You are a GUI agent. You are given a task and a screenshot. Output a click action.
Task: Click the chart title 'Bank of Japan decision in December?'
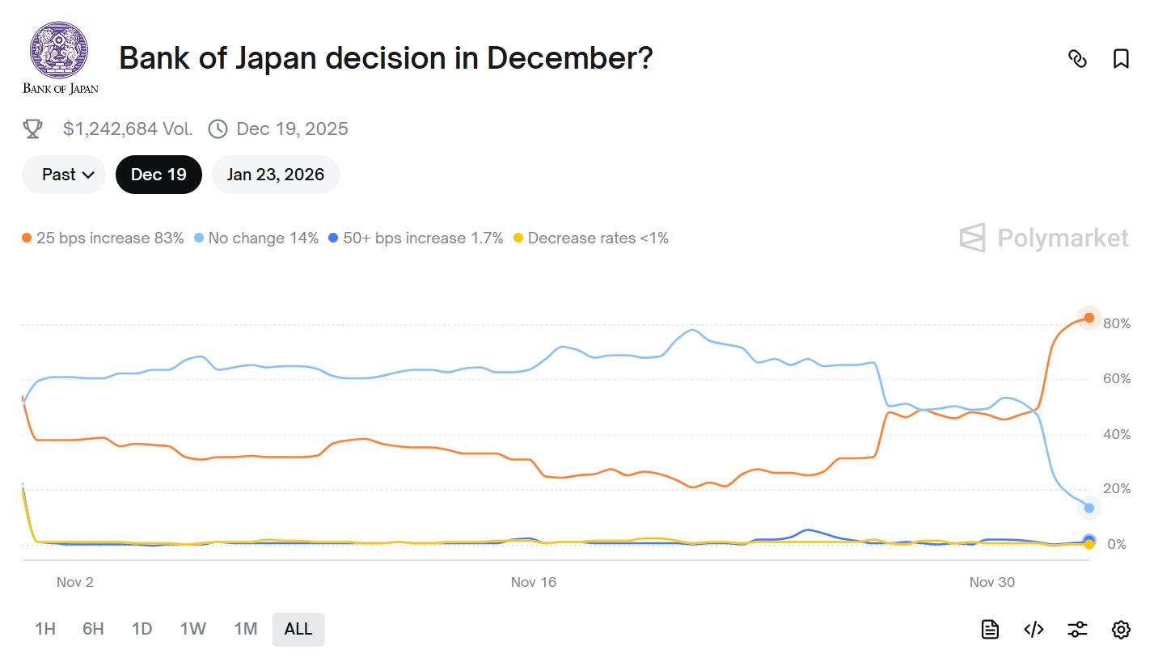tap(386, 58)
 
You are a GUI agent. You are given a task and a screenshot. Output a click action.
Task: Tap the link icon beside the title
tap(1077, 59)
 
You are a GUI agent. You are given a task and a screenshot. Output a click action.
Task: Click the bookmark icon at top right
tap(1121, 59)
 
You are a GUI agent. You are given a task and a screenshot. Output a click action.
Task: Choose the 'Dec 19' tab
tap(158, 175)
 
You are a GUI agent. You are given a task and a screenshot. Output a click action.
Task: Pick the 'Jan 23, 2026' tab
tap(276, 175)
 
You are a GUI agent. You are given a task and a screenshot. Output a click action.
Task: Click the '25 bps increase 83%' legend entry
tap(103, 238)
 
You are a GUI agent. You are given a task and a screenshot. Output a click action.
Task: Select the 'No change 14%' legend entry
tap(256, 238)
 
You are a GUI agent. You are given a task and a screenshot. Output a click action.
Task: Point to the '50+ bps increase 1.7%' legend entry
tap(416, 238)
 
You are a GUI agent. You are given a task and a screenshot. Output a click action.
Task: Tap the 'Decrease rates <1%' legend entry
tap(591, 238)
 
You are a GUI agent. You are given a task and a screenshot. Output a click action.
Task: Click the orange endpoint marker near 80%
tap(1089, 318)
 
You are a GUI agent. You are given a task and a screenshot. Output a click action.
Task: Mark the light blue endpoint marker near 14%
tap(1089, 508)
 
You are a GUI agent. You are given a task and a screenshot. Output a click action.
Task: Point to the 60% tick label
tap(1116, 379)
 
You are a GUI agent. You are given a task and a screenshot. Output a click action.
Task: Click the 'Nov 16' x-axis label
tap(534, 582)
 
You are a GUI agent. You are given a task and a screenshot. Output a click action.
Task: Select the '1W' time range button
tap(193, 629)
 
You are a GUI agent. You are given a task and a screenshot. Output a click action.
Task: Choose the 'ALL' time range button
tap(298, 629)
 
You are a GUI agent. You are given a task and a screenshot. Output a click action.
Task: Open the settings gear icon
tap(1121, 630)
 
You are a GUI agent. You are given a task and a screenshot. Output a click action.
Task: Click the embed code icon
tap(1033, 630)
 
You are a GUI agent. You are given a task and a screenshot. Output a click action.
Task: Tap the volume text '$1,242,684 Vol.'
tap(128, 129)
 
